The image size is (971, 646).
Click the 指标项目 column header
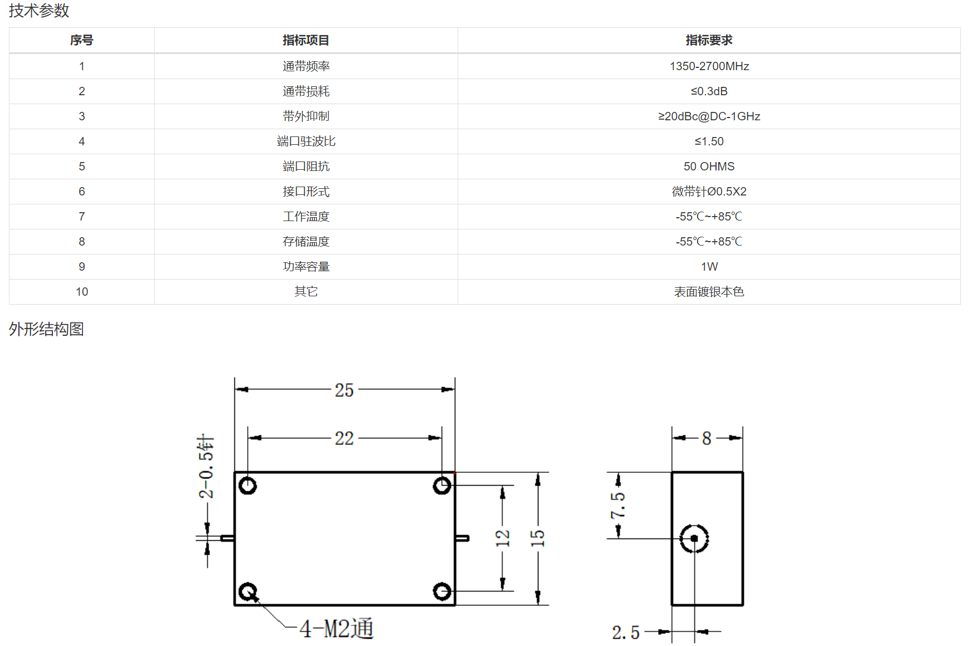pos(306,40)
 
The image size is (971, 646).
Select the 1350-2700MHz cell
pos(709,66)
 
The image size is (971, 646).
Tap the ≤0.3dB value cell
pos(709,91)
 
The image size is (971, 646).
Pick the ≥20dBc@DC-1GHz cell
pos(709,116)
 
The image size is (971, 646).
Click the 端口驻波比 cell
pos(306,141)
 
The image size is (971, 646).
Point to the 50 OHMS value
pos(709,167)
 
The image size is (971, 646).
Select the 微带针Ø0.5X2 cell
pos(709,192)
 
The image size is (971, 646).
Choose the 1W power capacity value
pos(709,267)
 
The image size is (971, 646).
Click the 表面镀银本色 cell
pos(709,292)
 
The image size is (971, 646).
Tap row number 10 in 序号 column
pos(82,292)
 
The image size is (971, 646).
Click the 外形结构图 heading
pos(46,329)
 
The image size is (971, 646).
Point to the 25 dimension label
pos(344,390)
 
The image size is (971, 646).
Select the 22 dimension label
pos(344,438)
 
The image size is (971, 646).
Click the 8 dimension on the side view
pos(707,438)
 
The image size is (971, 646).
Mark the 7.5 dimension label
pos(618,505)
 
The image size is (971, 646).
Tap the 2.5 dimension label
pos(626,633)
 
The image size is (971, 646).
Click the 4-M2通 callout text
pos(336,629)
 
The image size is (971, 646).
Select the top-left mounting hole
pos(248,486)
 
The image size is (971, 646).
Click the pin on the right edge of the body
pos(462,538)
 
